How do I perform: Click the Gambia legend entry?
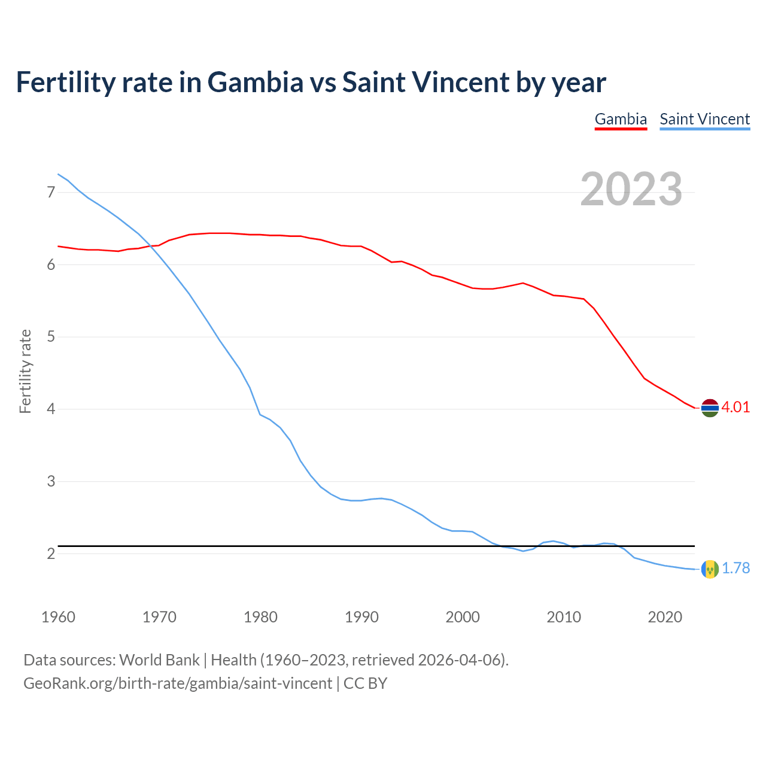point(621,119)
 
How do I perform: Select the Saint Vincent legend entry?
point(704,119)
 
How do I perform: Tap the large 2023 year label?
point(631,189)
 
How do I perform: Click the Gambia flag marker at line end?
point(710,408)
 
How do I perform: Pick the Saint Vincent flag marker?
point(710,569)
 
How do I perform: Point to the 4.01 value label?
point(735,408)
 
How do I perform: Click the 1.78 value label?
point(735,569)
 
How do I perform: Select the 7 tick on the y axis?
point(51,192)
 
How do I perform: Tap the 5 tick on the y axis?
point(51,337)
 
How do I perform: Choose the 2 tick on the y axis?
point(51,554)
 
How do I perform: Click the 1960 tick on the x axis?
point(58,617)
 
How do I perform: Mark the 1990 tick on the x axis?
point(361,617)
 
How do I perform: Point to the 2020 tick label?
point(665,617)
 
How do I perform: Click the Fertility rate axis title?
point(25,371)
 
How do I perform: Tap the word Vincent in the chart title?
point(459,82)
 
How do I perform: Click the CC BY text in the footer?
point(365,683)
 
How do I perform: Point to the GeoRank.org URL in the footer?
point(178,683)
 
